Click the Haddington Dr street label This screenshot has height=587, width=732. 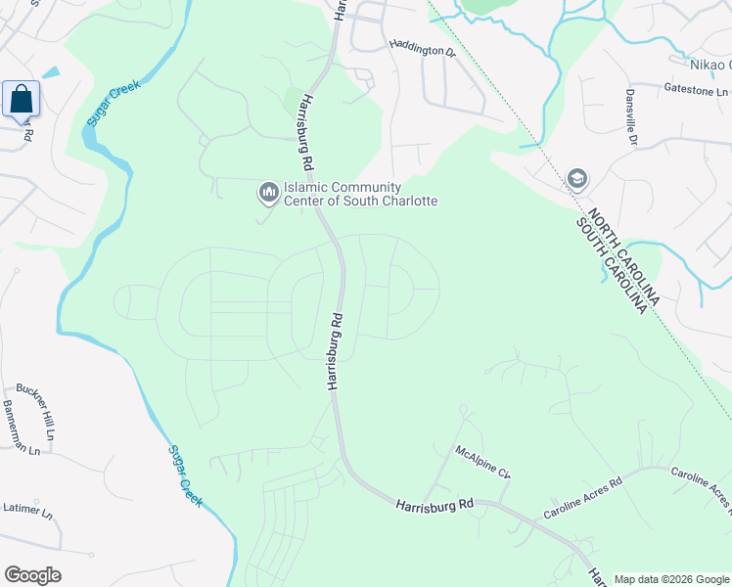point(423,46)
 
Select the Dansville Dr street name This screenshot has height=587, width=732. point(631,118)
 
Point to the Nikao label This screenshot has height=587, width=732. point(709,64)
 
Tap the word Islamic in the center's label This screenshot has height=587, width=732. point(305,187)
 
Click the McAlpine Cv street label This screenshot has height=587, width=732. point(482,460)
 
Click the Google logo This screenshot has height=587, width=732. point(32,575)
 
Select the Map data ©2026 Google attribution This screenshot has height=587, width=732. point(670,579)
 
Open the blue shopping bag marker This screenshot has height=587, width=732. point(21,99)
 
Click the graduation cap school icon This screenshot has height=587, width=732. point(576,179)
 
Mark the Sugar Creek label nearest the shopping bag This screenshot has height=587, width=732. point(114,101)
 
